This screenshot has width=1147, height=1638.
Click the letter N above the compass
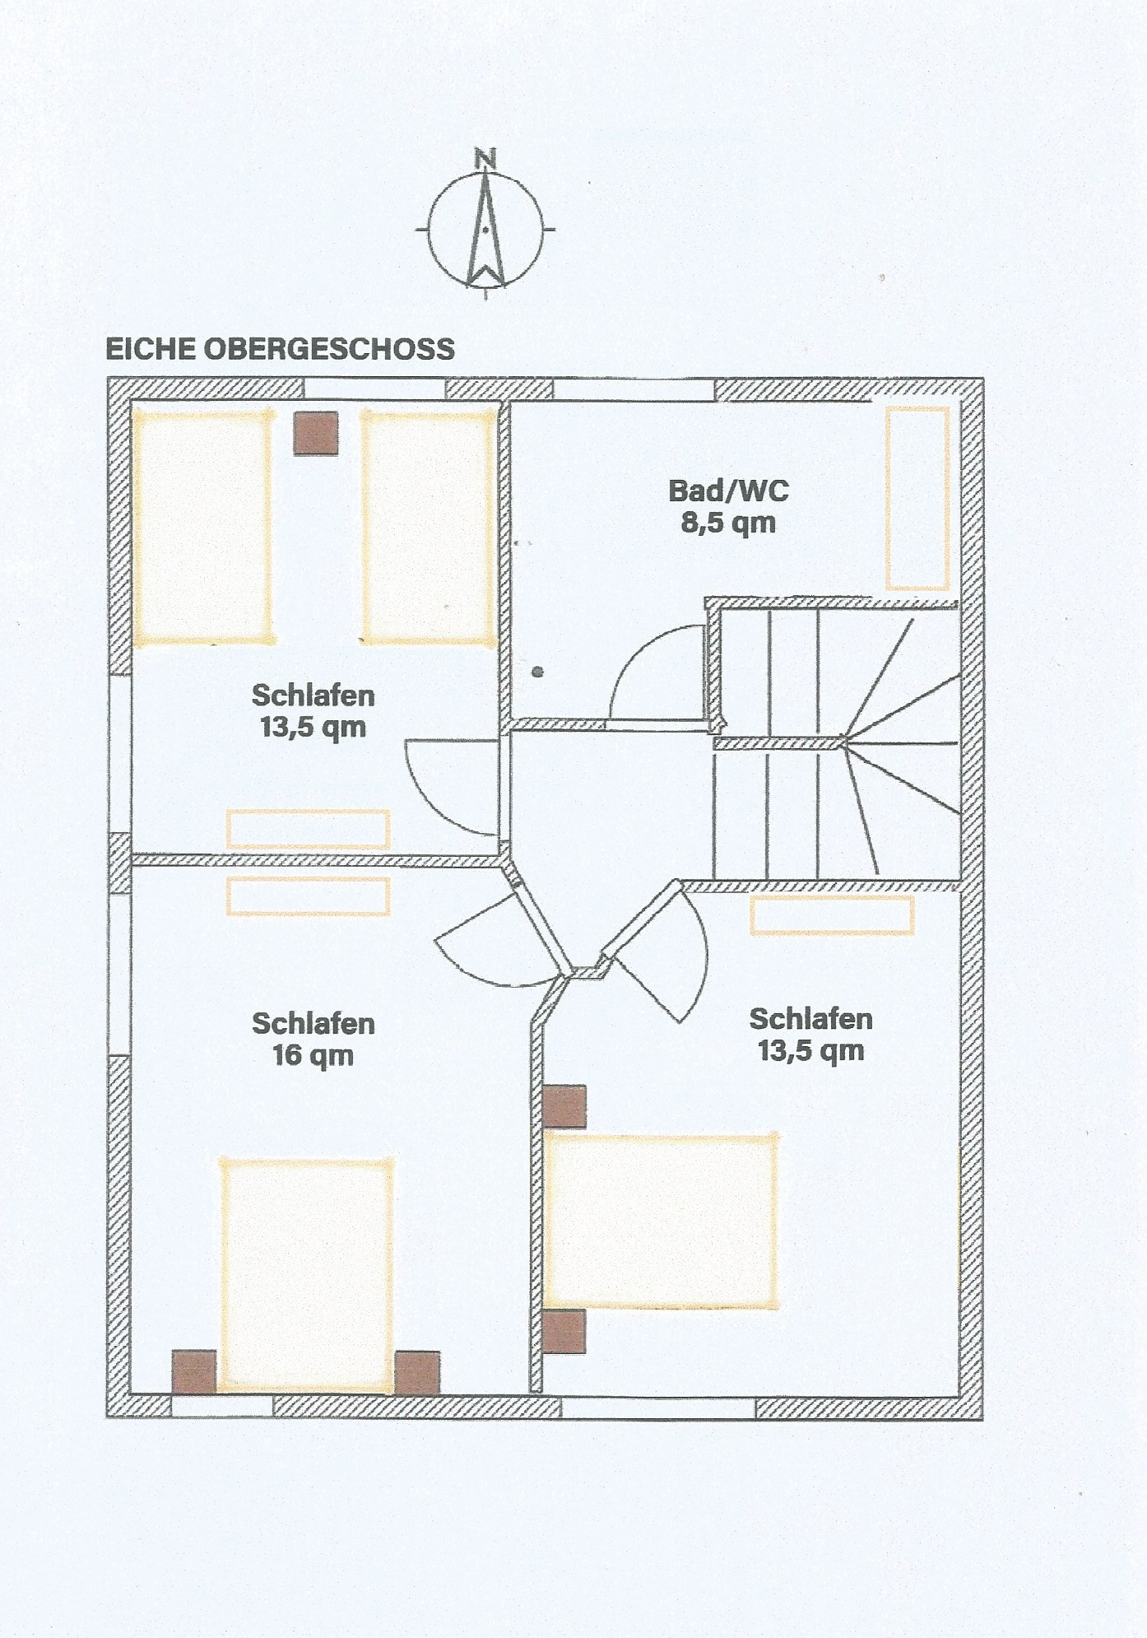[485, 158]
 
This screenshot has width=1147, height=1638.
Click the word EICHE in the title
[151, 349]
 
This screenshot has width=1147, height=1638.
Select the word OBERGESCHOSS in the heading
[329, 349]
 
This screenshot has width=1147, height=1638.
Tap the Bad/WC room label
[728, 491]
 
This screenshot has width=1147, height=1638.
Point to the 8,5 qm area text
[728, 523]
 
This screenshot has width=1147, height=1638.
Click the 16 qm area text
[313, 1055]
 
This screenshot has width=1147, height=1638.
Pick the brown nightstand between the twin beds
[316, 433]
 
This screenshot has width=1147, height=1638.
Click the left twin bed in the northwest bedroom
[202, 527]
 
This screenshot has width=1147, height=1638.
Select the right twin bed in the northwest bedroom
[429, 527]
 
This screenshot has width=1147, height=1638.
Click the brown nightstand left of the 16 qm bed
[194, 1372]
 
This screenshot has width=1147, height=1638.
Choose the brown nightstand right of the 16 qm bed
[417, 1372]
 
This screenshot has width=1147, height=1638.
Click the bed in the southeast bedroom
[661, 1222]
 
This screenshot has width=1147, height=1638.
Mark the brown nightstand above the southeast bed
[564, 1106]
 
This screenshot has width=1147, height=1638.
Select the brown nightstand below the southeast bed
[564, 1332]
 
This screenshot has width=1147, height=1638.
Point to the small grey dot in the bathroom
[538, 672]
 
